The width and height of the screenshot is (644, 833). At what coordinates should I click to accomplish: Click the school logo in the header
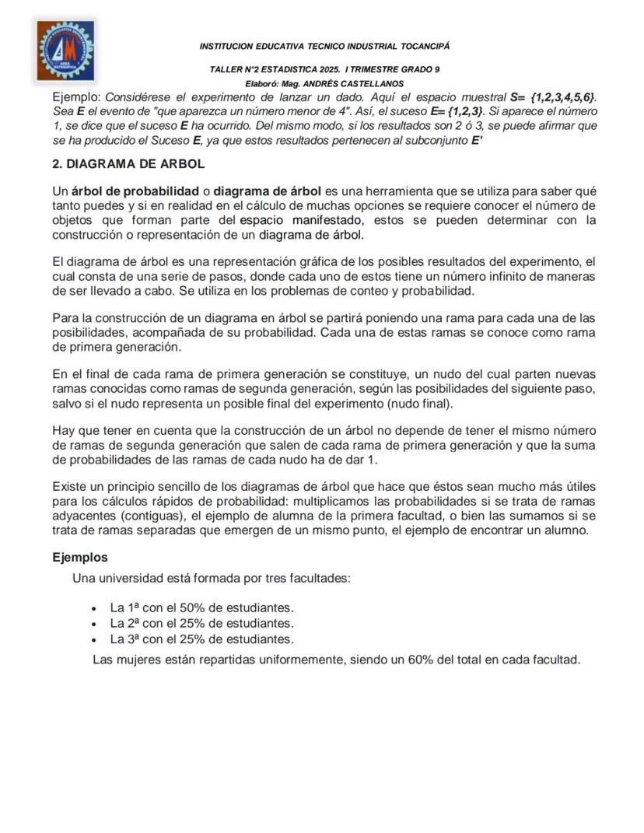(68, 50)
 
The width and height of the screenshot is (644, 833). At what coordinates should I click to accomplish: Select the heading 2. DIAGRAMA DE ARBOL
(128, 165)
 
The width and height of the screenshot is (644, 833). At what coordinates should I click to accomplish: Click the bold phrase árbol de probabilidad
(135, 191)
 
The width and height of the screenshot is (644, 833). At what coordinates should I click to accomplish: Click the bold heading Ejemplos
(80, 558)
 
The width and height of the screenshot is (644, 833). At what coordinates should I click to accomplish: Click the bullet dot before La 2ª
(94, 624)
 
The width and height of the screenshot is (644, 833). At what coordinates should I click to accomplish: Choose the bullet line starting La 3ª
(201, 639)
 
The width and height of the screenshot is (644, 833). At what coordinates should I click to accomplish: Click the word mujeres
(143, 660)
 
